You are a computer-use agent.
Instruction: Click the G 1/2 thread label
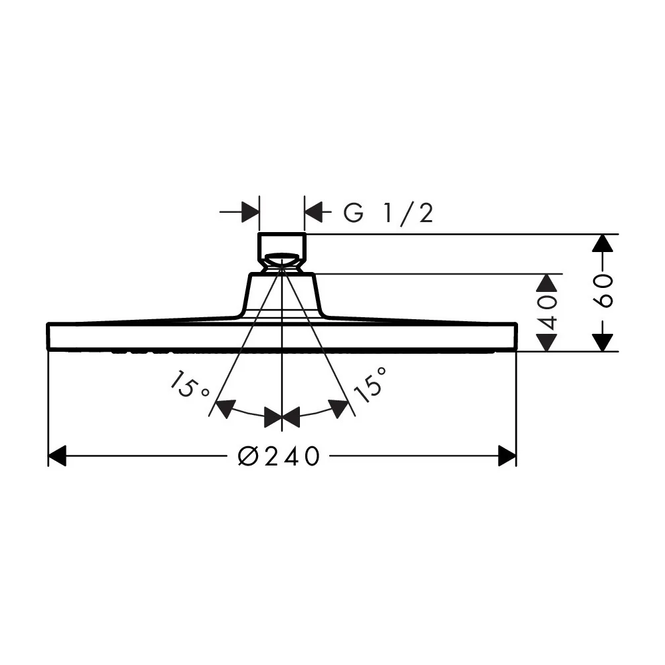pyautogui.click(x=388, y=213)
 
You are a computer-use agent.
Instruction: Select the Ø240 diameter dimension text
pyautogui.click(x=278, y=456)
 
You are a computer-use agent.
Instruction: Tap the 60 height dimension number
pyautogui.click(x=602, y=291)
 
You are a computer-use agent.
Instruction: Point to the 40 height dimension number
pyautogui.click(x=547, y=313)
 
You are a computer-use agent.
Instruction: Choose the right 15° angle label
pyautogui.click(x=370, y=384)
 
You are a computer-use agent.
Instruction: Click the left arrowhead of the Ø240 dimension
pyautogui.click(x=57, y=456)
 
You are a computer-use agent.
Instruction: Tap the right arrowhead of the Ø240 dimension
pyautogui.click(x=507, y=456)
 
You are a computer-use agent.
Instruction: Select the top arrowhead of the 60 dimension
pyautogui.click(x=602, y=243)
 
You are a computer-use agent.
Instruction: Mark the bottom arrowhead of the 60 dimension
pyautogui.click(x=602, y=342)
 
